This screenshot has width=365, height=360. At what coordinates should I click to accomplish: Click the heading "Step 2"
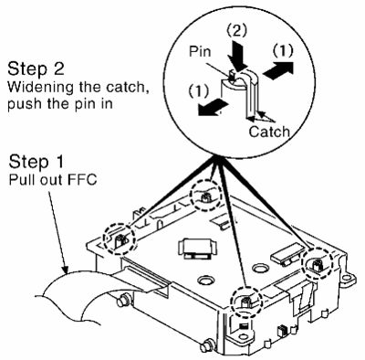point(36,69)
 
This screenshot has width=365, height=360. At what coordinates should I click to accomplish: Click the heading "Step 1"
point(36,162)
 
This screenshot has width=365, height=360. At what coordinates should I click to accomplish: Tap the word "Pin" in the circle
point(200,51)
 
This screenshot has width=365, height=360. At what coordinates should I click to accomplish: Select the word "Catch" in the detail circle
point(269,132)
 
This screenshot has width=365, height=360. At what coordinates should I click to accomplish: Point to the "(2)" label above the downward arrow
point(237,30)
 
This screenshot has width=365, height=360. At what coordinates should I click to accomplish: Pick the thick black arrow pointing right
point(278,70)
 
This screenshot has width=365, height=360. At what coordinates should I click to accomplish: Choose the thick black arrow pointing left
point(213,108)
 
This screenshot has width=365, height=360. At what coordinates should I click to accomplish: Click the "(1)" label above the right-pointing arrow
point(283,52)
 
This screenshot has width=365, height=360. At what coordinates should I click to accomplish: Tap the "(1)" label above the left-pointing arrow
point(199,91)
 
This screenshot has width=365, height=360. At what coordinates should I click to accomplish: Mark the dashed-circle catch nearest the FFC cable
point(120,239)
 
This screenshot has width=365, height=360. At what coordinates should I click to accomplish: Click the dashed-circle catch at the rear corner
point(205,196)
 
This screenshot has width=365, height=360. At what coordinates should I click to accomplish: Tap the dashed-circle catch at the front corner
point(245,302)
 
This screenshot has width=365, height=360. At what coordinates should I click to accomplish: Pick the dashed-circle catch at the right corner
point(318,264)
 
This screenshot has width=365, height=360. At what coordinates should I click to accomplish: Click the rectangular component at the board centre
point(197,249)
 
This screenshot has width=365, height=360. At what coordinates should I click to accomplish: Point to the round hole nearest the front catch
point(206,280)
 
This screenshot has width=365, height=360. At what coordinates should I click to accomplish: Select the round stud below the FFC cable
point(123,301)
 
